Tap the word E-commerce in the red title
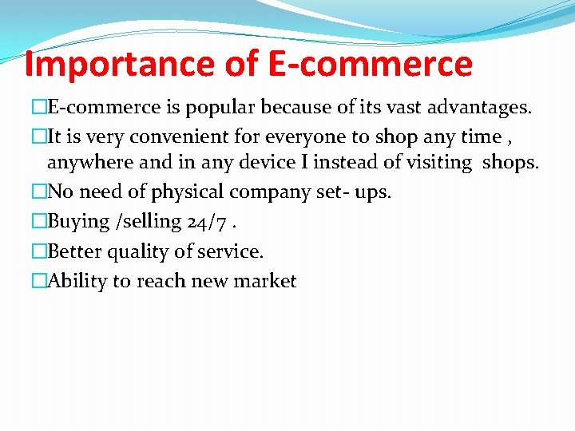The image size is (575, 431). coord(370,64)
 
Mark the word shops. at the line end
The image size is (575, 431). coord(510,163)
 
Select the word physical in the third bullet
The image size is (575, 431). coord(181,192)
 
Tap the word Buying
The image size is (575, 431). coord(79,222)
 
